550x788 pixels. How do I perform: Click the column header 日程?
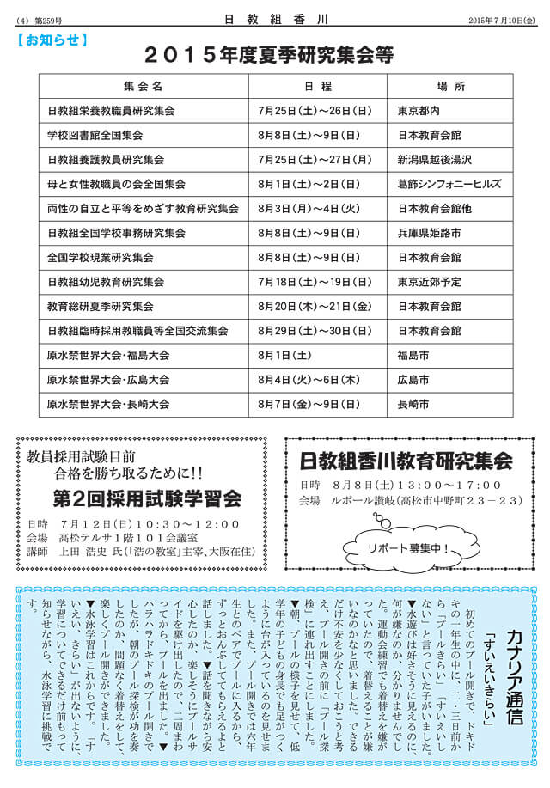click(x=317, y=87)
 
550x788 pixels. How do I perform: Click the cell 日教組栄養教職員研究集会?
click(x=111, y=111)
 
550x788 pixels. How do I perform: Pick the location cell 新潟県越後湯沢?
click(x=434, y=160)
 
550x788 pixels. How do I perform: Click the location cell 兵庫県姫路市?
click(x=429, y=233)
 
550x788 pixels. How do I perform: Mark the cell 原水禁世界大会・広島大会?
click(x=108, y=379)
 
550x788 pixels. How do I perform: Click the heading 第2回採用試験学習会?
click(x=147, y=499)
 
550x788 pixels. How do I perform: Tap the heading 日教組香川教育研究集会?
click(x=406, y=461)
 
